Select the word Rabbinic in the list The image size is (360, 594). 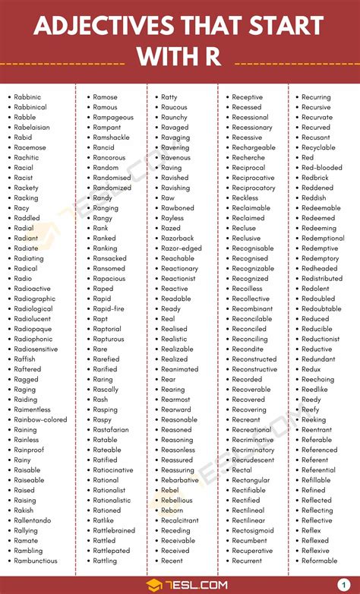click(27, 97)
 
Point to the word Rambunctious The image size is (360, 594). click(36, 561)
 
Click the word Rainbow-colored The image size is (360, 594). click(40, 419)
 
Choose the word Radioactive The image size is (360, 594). click(32, 289)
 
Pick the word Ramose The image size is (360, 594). click(105, 97)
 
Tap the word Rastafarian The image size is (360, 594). click(111, 430)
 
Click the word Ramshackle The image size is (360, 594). click(111, 137)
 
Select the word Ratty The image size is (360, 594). click(169, 97)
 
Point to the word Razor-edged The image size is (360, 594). click(182, 248)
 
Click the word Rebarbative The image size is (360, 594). click(180, 480)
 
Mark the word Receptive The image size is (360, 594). click(248, 97)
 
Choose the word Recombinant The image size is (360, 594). click(253, 309)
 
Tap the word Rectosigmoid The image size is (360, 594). click(254, 530)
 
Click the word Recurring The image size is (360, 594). click(316, 97)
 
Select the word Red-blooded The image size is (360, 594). click(322, 168)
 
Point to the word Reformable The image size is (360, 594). click(320, 561)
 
